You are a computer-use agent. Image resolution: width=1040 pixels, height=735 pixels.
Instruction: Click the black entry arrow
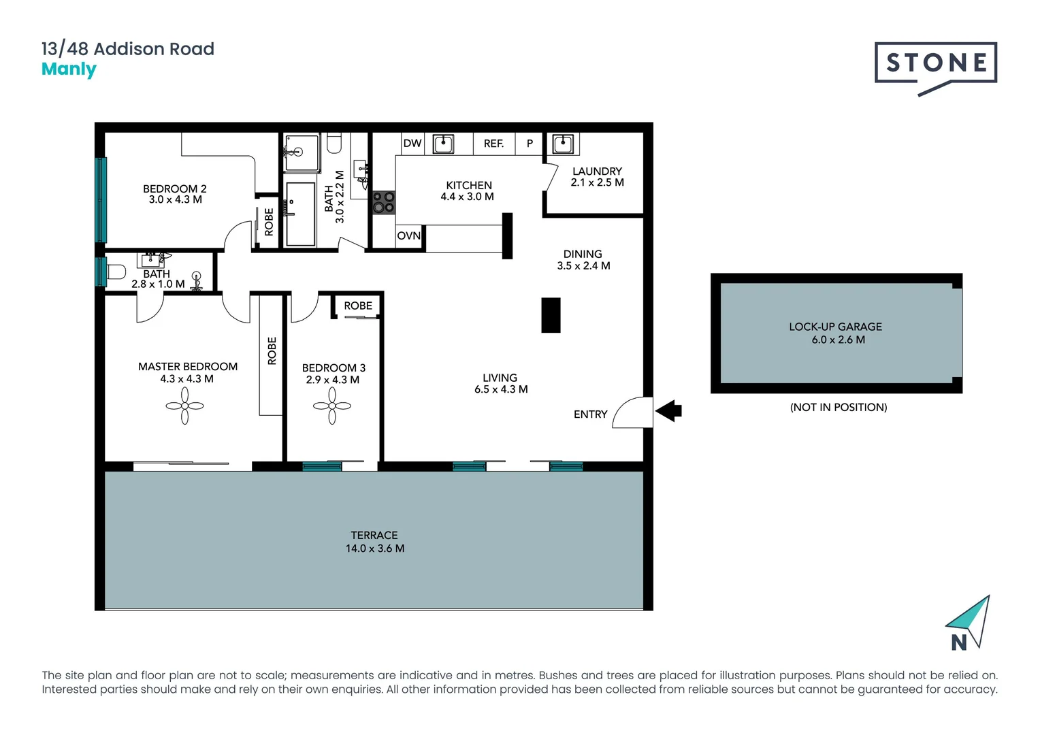pyautogui.click(x=668, y=411)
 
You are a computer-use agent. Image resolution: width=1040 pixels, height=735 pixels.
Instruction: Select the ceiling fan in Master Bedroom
pyautogui.click(x=184, y=406)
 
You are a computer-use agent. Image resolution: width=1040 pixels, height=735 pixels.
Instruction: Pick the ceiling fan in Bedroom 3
pyautogui.click(x=332, y=406)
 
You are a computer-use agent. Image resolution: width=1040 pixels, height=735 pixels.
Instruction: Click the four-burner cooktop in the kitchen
pyautogui.click(x=383, y=202)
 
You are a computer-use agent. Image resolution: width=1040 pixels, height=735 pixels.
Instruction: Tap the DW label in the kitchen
pyautogui.click(x=412, y=144)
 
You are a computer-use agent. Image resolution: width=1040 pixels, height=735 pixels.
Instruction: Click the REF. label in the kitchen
pyautogui.click(x=493, y=144)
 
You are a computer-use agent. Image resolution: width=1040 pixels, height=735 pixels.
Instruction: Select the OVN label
pyautogui.click(x=408, y=236)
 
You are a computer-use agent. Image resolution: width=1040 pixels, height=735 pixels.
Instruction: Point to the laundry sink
pyautogui.click(x=562, y=144)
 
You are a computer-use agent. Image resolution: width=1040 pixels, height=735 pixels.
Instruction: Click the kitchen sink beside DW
pyautogui.click(x=443, y=144)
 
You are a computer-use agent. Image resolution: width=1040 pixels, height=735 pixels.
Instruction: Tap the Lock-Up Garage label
pyautogui.click(x=835, y=327)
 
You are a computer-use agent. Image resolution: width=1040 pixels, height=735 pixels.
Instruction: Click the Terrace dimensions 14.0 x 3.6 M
pyautogui.click(x=375, y=549)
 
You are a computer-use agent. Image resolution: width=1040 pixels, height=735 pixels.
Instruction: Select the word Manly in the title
pyautogui.click(x=69, y=69)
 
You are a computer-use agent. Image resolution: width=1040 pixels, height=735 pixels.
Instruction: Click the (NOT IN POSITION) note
pyautogui.click(x=838, y=407)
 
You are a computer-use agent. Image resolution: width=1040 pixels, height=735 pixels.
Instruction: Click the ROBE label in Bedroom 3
pyautogui.click(x=358, y=306)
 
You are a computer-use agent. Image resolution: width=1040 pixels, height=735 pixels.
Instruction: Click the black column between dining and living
pyautogui.click(x=551, y=315)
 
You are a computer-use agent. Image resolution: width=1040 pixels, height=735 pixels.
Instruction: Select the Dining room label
pyautogui.click(x=583, y=254)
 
